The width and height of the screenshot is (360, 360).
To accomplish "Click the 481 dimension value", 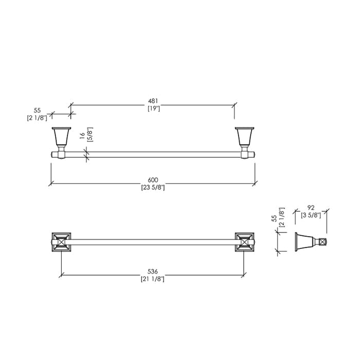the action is point(153,101).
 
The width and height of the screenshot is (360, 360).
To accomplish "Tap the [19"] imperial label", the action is point(154,109).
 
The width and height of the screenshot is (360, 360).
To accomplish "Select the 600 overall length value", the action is point(153,180).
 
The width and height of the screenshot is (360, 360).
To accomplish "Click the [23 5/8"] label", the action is point(153,188).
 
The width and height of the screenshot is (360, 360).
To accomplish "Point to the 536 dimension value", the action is point(153,272).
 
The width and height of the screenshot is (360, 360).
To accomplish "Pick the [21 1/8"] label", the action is point(153,279).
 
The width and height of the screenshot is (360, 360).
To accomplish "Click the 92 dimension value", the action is point(311,208).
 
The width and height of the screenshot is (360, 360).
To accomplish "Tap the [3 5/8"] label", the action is point(311,215).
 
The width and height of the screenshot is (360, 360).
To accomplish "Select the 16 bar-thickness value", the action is point(82,136).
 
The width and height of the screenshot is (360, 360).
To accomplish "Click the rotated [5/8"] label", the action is point(90,135).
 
